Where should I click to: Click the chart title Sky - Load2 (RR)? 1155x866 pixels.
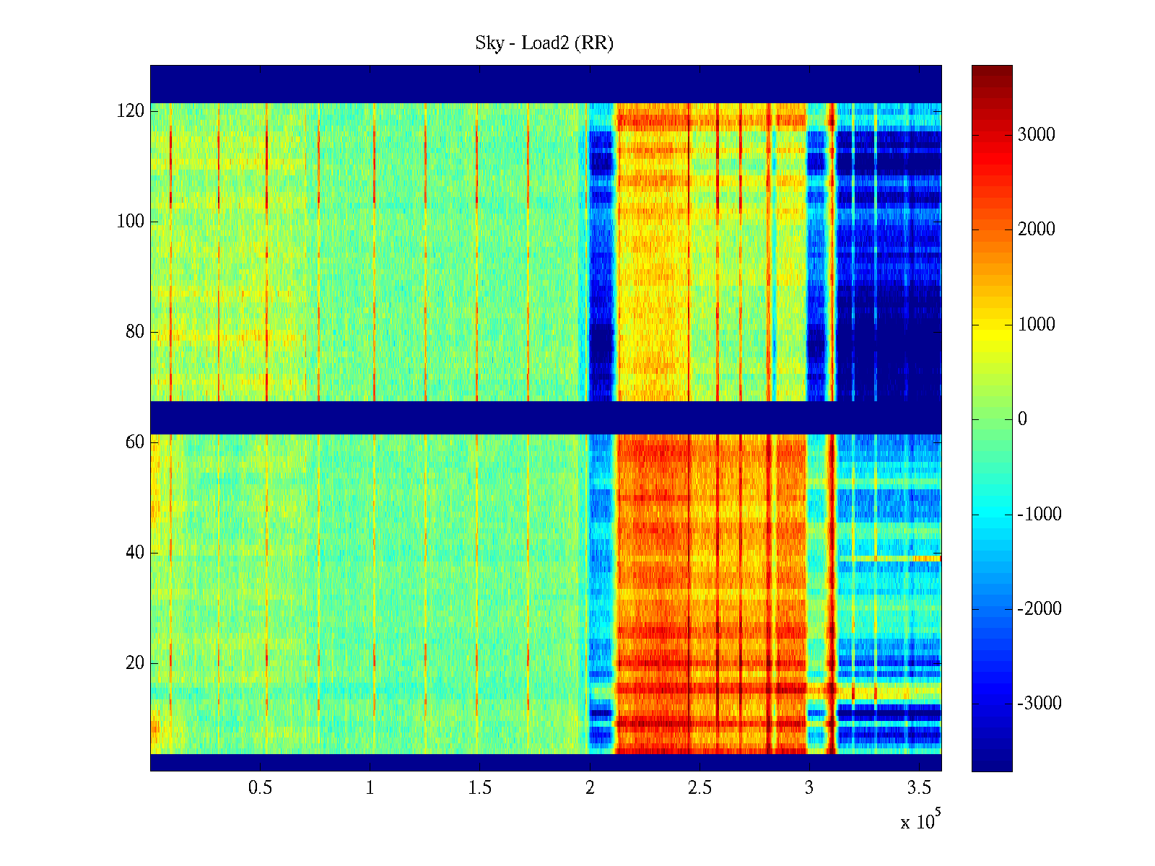(x=544, y=43)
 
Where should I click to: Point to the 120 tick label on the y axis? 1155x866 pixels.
(x=131, y=111)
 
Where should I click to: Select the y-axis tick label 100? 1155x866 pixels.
(x=131, y=222)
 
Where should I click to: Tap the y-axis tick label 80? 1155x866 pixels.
(x=135, y=332)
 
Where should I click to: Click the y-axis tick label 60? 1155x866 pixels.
(x=135, y=442)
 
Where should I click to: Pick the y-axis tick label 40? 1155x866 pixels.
(x=135, y=553)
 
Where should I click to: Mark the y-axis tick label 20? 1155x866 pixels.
(x=135, y=663)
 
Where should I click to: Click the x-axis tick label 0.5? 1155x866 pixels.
(x=260, y=788)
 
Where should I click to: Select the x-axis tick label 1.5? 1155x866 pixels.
(x=479, y=788)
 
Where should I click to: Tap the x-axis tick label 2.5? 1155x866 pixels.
(x=699, y=788)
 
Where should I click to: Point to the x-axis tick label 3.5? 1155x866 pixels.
(x=919, y=788)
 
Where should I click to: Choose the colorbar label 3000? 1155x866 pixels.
(x=1036, y=135)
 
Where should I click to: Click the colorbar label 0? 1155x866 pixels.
(x=1022, y=419)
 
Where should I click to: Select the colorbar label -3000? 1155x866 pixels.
(x=1039, y=704)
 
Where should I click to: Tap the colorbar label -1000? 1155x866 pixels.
(x=1039, y=515)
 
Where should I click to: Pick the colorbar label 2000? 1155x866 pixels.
(x=1036, y=229)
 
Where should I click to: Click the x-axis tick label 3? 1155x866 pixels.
(x=809, y=788)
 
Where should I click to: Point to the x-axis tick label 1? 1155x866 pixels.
(x=370, y=788)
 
